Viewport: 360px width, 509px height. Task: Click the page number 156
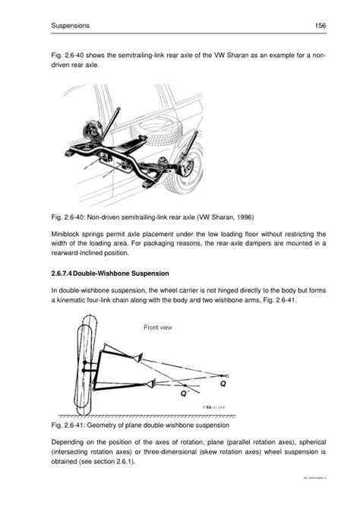point(320,25)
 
